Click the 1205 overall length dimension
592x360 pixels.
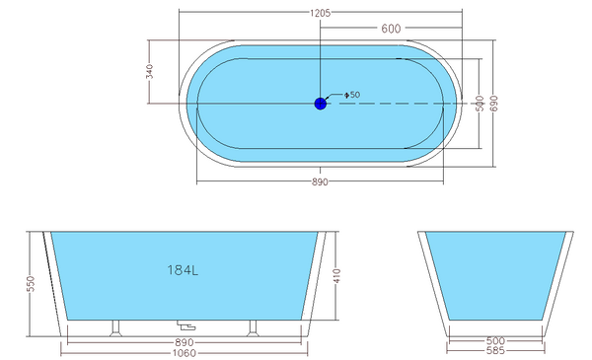tap(320, 13)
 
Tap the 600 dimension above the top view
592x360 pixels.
tap(391, 29)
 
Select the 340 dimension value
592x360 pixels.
tap(150, 72)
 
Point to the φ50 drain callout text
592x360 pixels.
tap(352, 95)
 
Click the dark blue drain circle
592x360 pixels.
tap(320, 104)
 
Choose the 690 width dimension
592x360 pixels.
tap(494, 104)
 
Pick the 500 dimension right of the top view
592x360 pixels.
tap(480, 104)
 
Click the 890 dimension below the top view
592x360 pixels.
tap(320, 181)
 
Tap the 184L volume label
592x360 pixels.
tap(183, 270)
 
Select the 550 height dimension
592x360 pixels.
tap(31, 284)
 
